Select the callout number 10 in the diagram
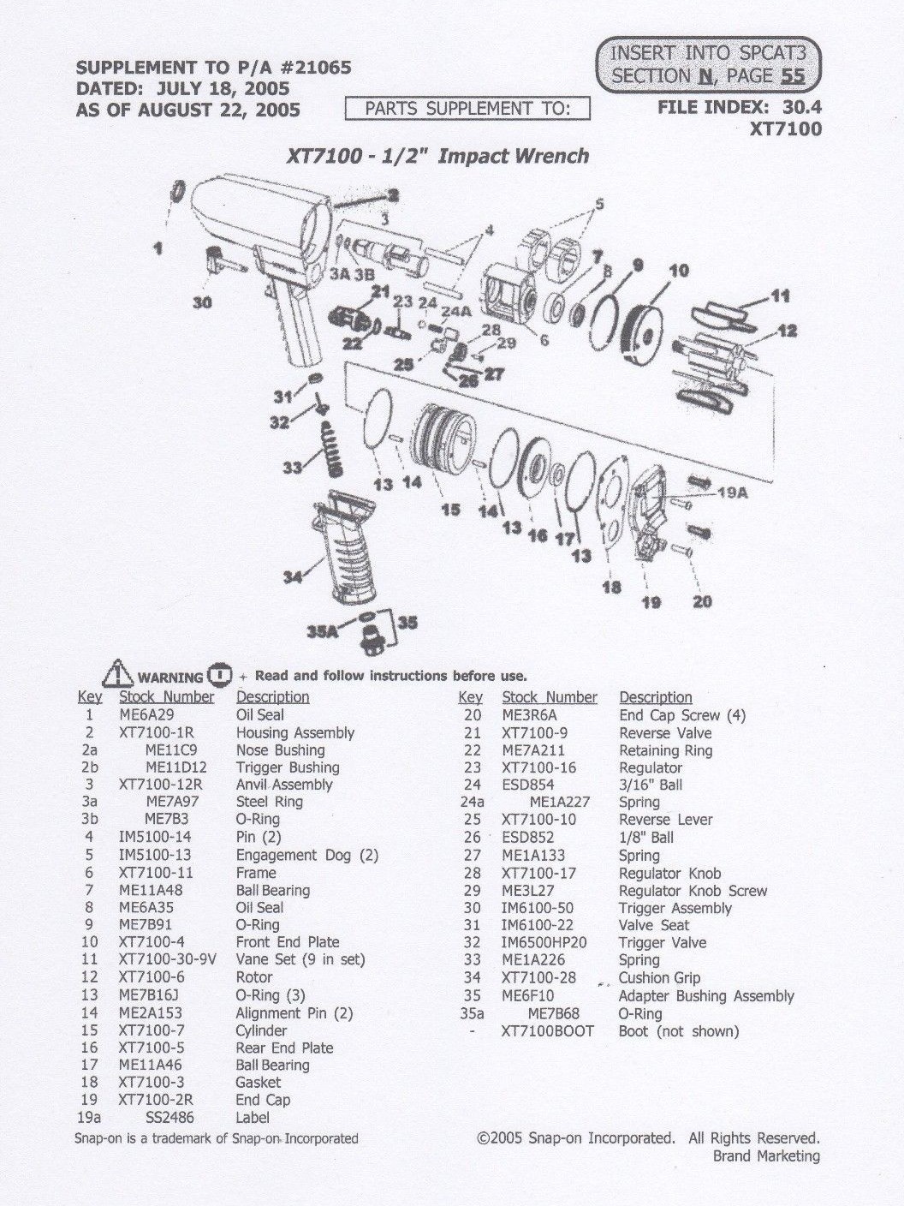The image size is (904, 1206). tap(678, 272)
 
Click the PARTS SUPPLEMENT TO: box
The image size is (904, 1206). tap(467, 109)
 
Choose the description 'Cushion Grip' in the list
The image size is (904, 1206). tap(659, 977)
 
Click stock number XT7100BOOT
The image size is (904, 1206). tap(547, 1031)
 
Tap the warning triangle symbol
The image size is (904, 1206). tap(116, 675)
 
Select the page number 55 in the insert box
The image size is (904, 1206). tap(792, 75)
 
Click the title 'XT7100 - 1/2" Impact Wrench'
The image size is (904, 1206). tap(437, 156)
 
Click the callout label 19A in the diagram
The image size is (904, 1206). tap(731, 493)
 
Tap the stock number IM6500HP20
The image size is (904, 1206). tap(544, 942)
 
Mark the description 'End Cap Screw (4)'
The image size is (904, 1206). tap(682, 715)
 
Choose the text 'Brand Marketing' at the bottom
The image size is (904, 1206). tap(766, 1156)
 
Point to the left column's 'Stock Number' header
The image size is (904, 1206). tap(166, 697)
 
